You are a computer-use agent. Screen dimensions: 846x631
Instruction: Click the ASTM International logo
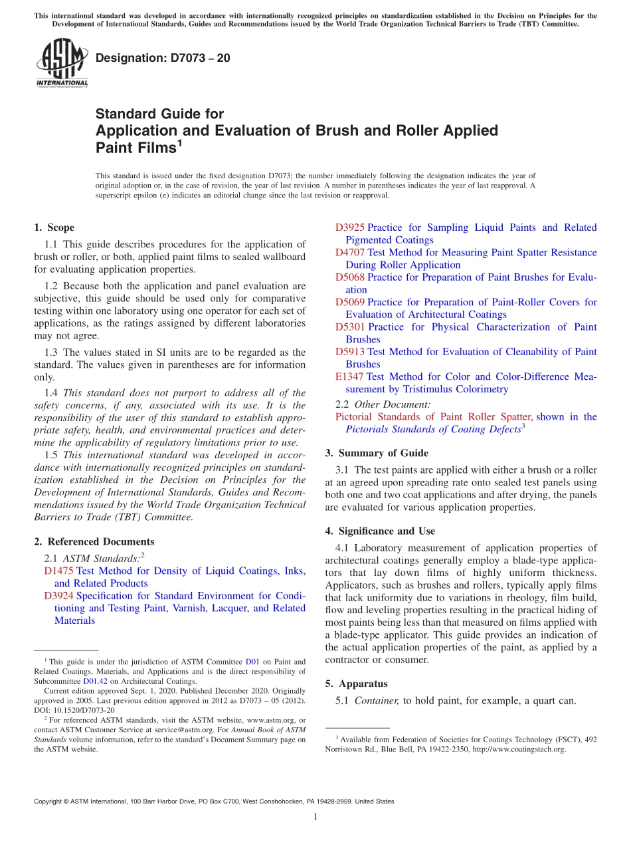tap(62, 63)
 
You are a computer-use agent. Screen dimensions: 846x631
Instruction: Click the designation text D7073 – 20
tap(163, 58)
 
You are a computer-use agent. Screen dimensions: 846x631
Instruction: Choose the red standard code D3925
tap(350, 227)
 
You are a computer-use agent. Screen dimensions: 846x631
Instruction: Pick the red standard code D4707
tap(350, 252)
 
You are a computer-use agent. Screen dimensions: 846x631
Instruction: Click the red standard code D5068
tap(350, 277)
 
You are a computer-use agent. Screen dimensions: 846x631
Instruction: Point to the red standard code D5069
tap(350, 302)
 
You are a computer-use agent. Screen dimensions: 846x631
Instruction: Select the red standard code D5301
tap(350, 327)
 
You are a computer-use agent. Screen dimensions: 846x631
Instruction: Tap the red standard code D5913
tap(350, 351)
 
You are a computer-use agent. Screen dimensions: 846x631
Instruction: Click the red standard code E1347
tap(349, 376)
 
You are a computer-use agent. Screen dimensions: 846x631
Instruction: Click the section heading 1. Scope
tap(54, 227)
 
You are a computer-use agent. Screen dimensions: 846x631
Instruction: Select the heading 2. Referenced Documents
tap(94, 541)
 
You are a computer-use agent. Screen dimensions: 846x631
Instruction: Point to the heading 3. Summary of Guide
tap(377, 453)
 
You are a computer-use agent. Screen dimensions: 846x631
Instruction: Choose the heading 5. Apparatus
tap(356, 684)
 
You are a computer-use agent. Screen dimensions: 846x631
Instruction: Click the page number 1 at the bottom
tap(315, 817)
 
